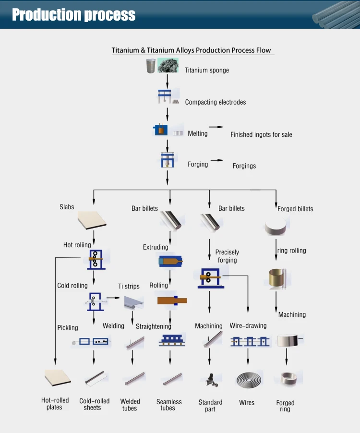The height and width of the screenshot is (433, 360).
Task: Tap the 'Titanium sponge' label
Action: [206, 70]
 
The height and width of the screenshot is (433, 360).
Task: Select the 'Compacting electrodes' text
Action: [215, 102]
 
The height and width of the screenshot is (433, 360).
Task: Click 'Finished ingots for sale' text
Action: [261, 134]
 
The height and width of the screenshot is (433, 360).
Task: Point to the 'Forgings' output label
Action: [244, 166]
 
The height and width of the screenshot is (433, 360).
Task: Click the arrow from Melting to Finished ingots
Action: [216, 127]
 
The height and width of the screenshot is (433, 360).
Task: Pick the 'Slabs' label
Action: [67, 207]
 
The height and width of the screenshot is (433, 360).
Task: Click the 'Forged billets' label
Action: [295, 209]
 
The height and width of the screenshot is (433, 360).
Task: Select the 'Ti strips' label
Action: [129, 287]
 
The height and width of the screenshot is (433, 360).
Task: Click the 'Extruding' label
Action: [156, 248]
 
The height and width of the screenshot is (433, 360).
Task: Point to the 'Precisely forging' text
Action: [227, 256]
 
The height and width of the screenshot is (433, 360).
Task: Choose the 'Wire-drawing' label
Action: [248, 326]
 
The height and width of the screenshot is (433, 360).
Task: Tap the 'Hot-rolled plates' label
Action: [55, 404]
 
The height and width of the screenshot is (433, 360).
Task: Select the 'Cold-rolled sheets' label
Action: [94, 404]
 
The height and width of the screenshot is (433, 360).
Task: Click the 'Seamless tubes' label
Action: [169, 405]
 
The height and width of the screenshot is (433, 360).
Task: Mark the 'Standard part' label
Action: [210, 406]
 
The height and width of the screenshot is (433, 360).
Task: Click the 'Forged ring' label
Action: [285, 406]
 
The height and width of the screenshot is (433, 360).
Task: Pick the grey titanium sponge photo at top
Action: [168, 66]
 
